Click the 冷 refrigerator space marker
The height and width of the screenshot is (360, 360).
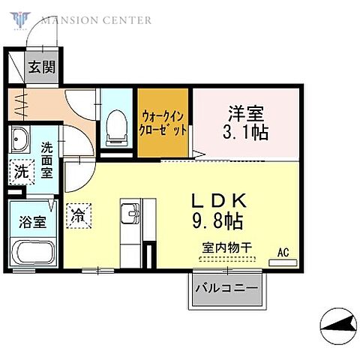point(77,215)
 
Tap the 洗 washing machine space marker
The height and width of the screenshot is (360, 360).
point(21,171)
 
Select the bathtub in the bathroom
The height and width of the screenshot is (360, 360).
point(32,253)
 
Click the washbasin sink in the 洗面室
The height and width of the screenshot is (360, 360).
point(19,139)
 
